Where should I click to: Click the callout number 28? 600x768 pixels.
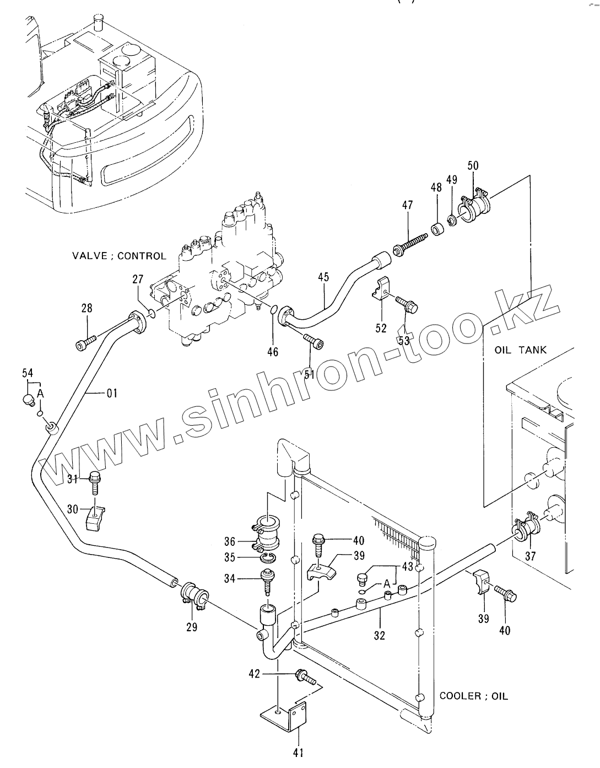tap(87, 308)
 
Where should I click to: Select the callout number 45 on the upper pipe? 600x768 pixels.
tap(323, 277)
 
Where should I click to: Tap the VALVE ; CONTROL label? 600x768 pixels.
tap(119, 256)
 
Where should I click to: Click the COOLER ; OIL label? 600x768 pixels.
tap(474, 696)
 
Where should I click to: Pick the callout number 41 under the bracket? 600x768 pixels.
tap(298, 752)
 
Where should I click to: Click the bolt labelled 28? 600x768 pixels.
tap(86, 343)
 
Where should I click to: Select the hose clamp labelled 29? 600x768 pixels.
tap(193, 596)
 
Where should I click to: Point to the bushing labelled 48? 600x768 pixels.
tap(437, 228)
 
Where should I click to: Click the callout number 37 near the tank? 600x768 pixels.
tap(530, 556)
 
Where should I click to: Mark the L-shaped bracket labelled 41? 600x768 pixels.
tap(284, 716)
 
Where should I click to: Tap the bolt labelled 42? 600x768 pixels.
tap(304, 675)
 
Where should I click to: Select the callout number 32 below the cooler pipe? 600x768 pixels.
tap(379, 635)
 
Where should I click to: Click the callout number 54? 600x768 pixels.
tap(28, 373)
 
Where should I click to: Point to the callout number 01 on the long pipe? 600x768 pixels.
tap(112, 393)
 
